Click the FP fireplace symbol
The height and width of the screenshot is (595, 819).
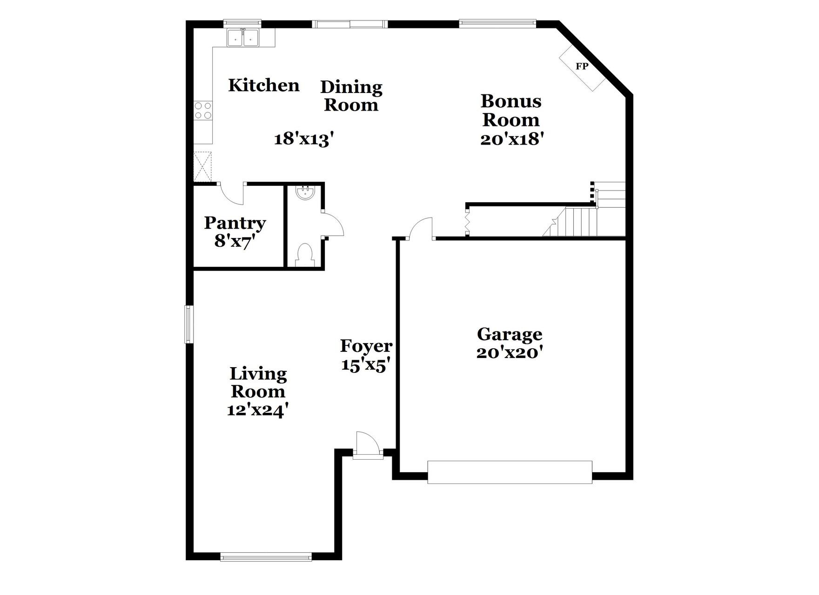[x=582, y=66]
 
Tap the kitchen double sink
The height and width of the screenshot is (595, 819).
[x=243, y=38]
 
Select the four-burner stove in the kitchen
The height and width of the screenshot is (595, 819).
[x=203, y=111]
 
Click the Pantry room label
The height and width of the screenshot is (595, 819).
[x=235, y=223]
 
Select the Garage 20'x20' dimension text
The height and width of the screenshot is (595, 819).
[x=510, y=353]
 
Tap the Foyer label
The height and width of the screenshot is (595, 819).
[x=366, y=346]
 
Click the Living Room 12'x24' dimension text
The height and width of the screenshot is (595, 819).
[x=258, y=410]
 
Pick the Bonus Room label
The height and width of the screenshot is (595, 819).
[x=510, y=110]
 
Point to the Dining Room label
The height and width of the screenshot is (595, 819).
[x=351, y=96]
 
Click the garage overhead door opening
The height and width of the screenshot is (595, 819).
[x=510, y=472]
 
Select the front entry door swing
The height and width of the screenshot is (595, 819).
[x=367, y=444]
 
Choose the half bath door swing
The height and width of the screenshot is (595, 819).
[x=333, y=225]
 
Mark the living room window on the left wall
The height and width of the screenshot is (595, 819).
[x=189, y=324]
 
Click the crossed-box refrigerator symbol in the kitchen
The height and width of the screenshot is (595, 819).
[x=202, y=166]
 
